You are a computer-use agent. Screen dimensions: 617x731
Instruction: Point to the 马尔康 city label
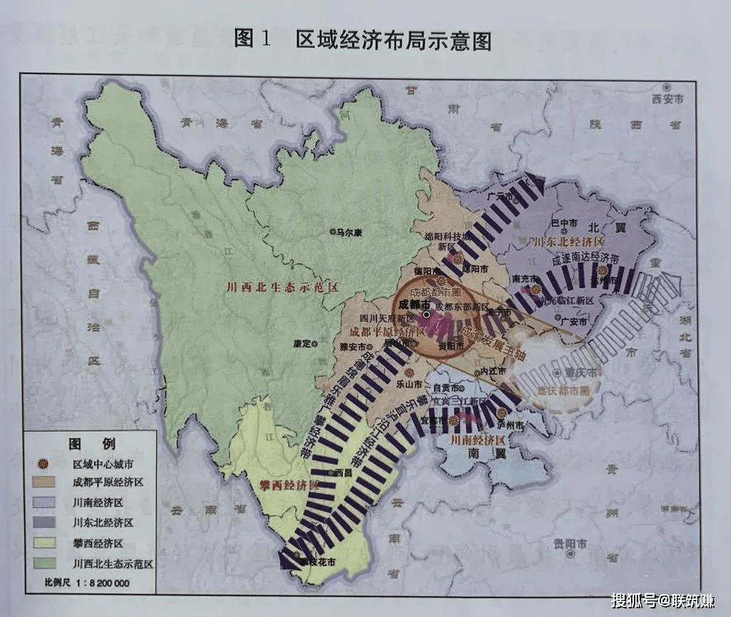(x=351, y=232)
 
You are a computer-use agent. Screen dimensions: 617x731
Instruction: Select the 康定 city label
(x=303, y=343)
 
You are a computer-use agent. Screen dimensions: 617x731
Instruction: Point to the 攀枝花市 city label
(x=317, y=562)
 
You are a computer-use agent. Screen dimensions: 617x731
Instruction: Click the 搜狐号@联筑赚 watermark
(x=662, y=601)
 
